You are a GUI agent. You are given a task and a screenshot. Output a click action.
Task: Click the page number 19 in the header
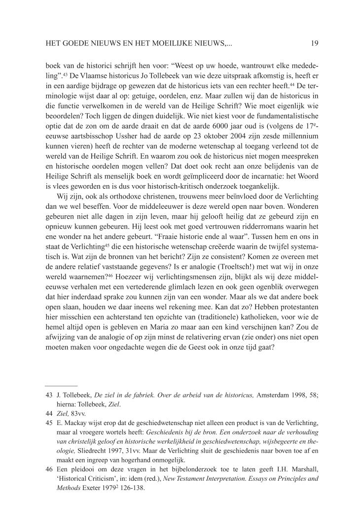tap(315, 43)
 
